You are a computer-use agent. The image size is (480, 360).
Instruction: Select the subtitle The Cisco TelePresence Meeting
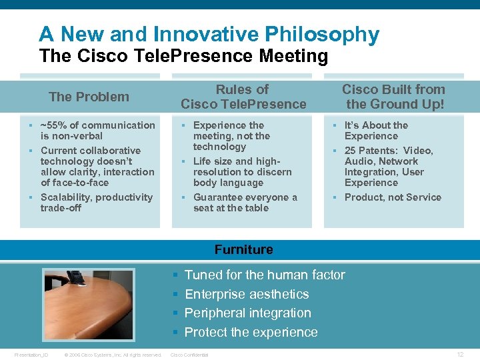point(183,56)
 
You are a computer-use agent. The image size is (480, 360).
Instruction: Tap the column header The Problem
point(89,97)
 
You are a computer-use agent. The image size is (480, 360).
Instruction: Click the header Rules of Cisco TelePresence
point(243,97)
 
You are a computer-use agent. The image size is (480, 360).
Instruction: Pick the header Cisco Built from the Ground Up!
point(393,97)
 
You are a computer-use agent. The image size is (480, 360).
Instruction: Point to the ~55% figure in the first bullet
point(53,125)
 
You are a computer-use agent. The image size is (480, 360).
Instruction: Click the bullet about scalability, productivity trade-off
point(96,202)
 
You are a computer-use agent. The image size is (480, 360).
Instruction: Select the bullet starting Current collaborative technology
point(97,167)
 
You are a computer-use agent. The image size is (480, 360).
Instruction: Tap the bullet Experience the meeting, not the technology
point(231,136)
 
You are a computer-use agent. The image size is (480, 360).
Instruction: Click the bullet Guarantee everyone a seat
point(244,202)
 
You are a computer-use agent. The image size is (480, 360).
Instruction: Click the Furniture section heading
point(243,249)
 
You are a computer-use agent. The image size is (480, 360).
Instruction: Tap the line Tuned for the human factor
point(264,275)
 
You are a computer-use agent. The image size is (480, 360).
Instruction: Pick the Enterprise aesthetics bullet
point(246,294)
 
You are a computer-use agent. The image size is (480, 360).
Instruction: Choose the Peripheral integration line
point(247,313)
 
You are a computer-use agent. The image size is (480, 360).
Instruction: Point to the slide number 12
point(460,354)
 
